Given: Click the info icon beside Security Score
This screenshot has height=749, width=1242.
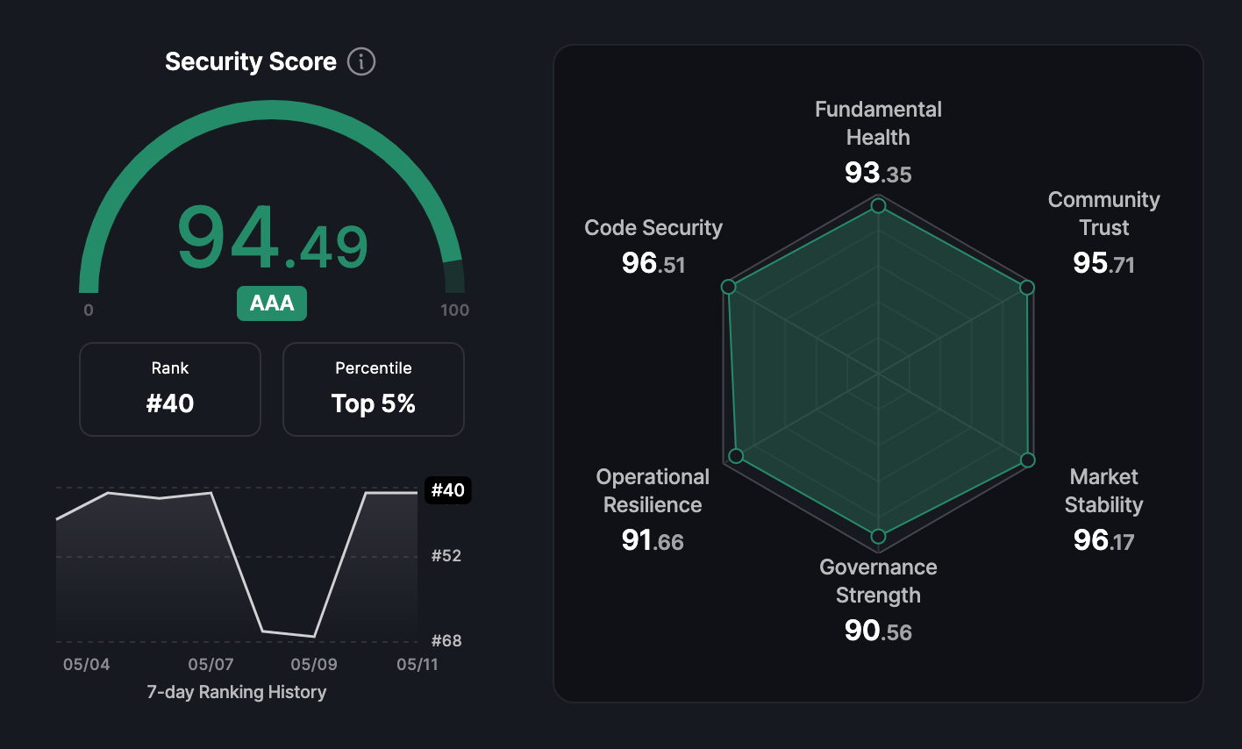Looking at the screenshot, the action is (361, 61).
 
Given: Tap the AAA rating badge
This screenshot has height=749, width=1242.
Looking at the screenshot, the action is (272, 303).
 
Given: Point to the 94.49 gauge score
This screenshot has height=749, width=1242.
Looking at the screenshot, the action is (272, 238).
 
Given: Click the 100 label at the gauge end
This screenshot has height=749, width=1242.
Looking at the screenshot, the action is (454, 310).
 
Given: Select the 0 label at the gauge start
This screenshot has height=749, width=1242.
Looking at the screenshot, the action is (89, 310).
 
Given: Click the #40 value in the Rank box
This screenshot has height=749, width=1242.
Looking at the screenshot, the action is (170, 403).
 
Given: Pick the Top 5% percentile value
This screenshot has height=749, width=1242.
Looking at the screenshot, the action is (373, 403).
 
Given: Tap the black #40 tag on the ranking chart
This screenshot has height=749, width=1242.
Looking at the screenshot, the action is (448, 490).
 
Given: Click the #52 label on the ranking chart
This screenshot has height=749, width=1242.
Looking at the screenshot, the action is (446, 555).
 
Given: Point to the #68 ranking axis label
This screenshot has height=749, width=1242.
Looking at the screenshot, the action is (446, 641).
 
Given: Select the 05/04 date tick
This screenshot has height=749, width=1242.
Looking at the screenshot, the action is (87, 664).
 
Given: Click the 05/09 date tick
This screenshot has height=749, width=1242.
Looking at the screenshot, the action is (314, 664).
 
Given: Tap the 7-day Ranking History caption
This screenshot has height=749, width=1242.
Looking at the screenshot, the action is (237, 693).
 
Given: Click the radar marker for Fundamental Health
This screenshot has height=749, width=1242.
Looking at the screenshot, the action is (878, 206).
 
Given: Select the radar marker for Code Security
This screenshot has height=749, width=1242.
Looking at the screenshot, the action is (729, 287).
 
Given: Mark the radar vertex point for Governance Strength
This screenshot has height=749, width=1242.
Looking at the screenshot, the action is (878, 536).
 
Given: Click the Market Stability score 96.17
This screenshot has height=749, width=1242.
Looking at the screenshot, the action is (1104, 540).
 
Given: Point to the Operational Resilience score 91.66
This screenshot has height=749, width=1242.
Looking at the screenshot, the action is (653, 540).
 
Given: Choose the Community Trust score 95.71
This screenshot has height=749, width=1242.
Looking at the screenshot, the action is (1104, 263).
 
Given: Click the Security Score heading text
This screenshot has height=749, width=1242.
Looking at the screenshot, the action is (251, 61).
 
